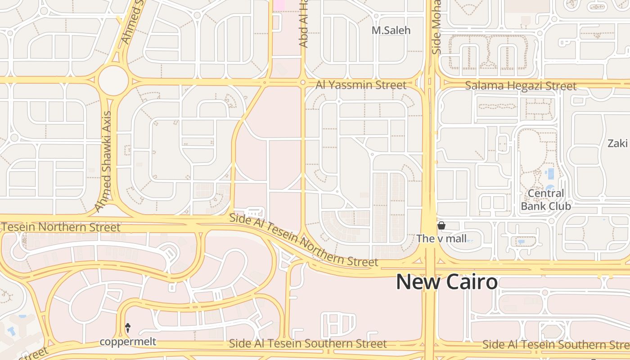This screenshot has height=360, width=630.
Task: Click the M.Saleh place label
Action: [391, 31]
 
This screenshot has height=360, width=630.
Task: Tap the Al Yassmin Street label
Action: [360, 85]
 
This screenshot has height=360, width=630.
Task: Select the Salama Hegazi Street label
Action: [520, 85]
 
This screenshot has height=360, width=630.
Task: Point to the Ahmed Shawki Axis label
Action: [106, 161]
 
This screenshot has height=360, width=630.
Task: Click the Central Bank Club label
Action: [545, 200]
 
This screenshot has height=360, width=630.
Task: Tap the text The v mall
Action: [441, 238]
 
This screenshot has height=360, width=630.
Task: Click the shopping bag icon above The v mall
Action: [441, 225]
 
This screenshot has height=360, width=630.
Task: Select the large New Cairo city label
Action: [446, 282]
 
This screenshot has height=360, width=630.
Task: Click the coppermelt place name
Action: [128, 342]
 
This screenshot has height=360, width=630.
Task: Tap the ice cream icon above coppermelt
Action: [128, 328]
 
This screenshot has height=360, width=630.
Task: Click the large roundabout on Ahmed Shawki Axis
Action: [113, 81]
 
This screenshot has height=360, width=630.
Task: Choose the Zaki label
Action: [617, 144]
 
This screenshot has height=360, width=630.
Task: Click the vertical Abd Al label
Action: [304, 25]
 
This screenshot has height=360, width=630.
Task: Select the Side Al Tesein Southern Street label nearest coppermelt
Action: [308, 344]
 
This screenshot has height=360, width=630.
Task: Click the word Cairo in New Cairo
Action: [473, 282]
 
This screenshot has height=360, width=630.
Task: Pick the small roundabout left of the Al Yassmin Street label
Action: [303, 83]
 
